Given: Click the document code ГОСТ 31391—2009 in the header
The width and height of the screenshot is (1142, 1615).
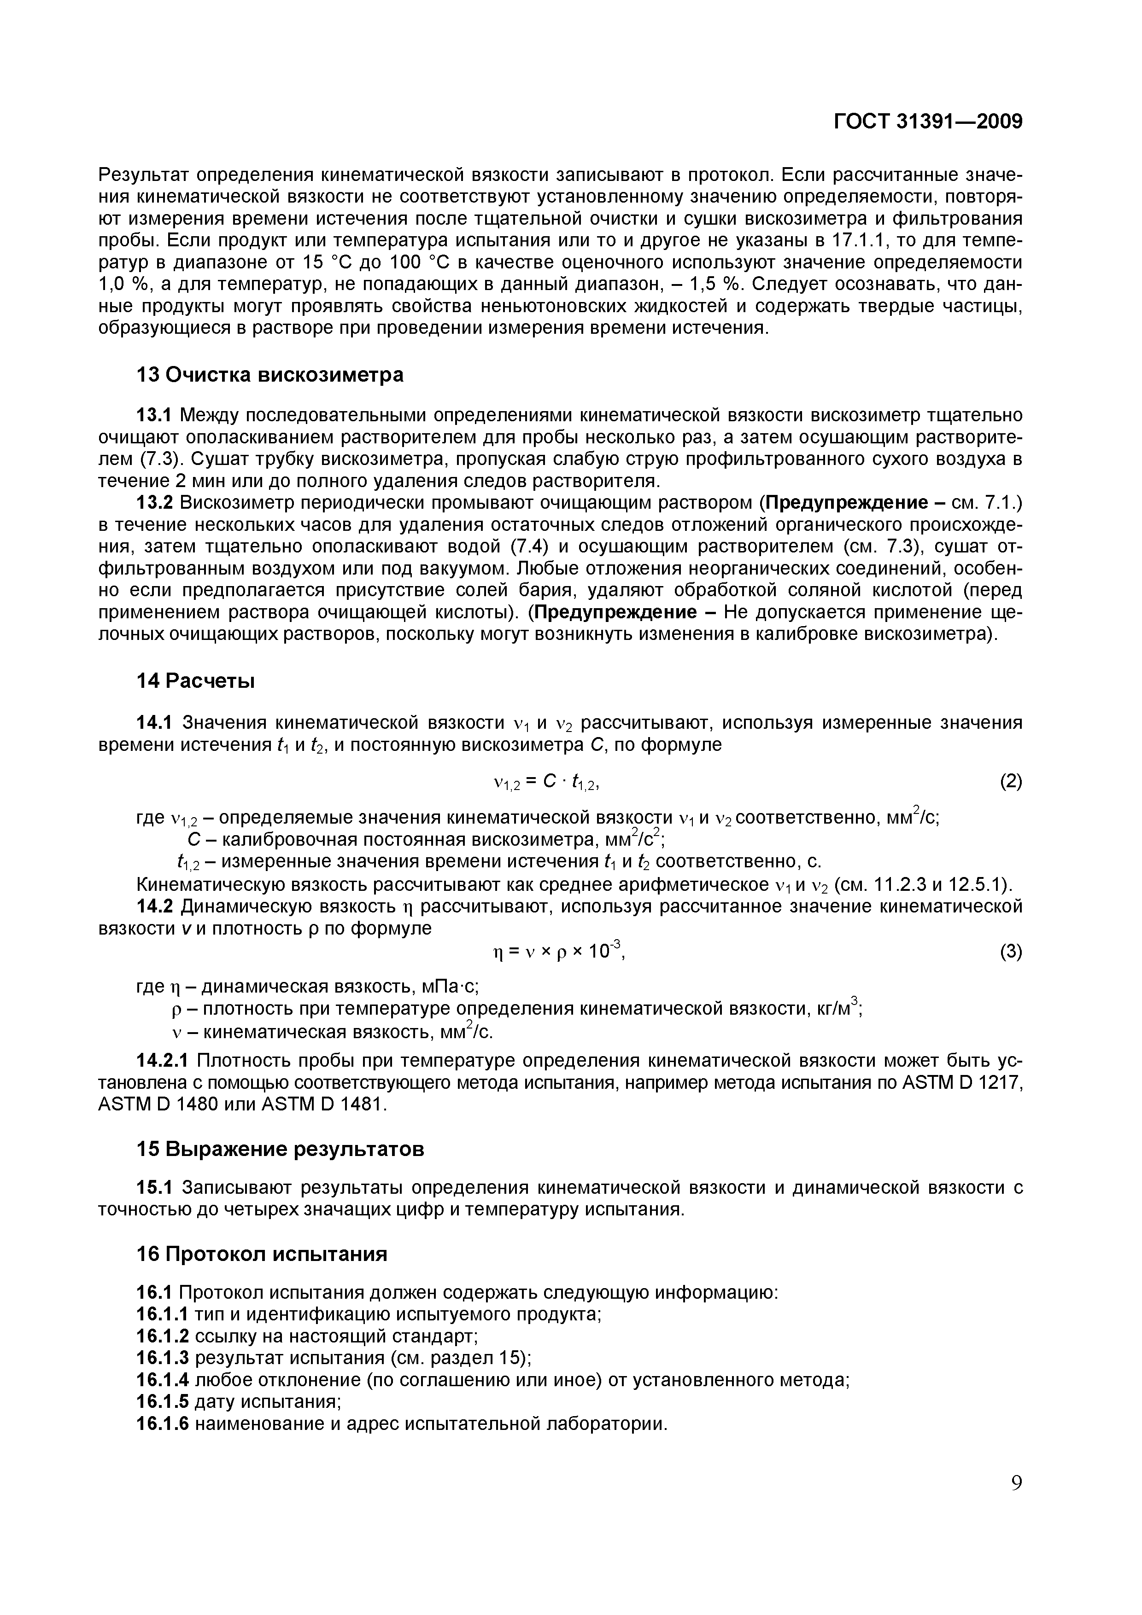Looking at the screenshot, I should click(927, 122).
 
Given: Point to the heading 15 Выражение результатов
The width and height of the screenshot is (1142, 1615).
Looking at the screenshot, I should click(280, 1150).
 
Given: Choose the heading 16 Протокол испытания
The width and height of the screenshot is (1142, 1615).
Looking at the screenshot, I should click(261, 1254).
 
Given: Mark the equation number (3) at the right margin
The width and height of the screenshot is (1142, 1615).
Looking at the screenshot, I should click(1010, 953).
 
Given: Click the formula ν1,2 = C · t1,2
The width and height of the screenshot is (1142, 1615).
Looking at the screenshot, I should click(547, 782).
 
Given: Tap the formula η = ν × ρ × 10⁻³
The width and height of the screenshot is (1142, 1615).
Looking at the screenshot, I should click(560, 952).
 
